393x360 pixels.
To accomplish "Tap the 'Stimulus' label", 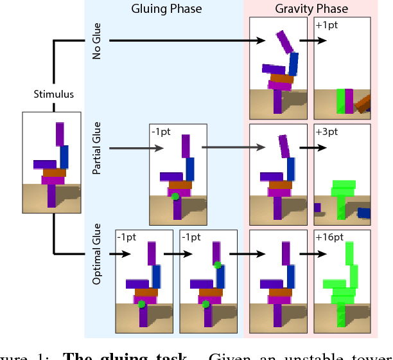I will pyautogui.click(x=53, y=94).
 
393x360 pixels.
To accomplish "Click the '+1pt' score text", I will pyautogui.click(x=327, y=25).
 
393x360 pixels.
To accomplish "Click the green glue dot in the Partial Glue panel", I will pyautogui.click(x=174, y=196).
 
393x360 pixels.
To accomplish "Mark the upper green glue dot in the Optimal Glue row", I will pyautogui.click(x=217, y=265).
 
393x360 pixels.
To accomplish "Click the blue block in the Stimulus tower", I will pyautogui.click(x=64, y=156).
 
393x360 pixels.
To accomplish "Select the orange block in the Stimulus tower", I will pyautogui.click(x=54, y=172).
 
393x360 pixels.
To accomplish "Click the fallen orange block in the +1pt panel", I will pyautogui.click(x=363, y=102).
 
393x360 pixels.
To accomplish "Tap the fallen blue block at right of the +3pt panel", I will pyautogui.click(x=363, y=212).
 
